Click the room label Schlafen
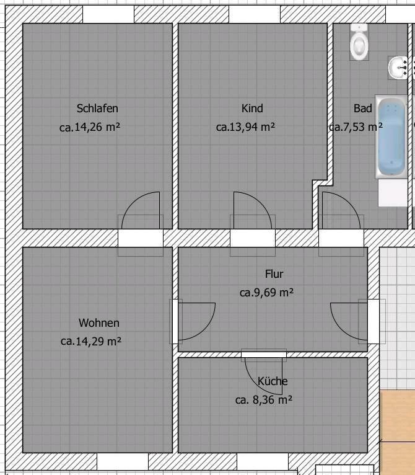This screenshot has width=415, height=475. coord(97,109)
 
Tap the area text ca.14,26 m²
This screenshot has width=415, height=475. coord(90,128)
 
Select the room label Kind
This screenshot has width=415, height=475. coord(252,109)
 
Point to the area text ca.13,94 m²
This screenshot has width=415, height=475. coord(245,128)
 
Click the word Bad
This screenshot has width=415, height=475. coord(363,109)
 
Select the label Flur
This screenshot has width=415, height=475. coord(274,273)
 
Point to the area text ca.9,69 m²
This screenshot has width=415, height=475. coord(266,293)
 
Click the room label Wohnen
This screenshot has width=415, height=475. coord(99,323)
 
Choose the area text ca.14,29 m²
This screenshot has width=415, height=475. coord(90,341)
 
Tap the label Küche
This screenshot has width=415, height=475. coord(273,381)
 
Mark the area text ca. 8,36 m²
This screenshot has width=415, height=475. coord(264,400)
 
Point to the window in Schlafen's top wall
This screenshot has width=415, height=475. coord(108,14)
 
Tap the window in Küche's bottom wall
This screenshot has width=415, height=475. coord(262,461)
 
